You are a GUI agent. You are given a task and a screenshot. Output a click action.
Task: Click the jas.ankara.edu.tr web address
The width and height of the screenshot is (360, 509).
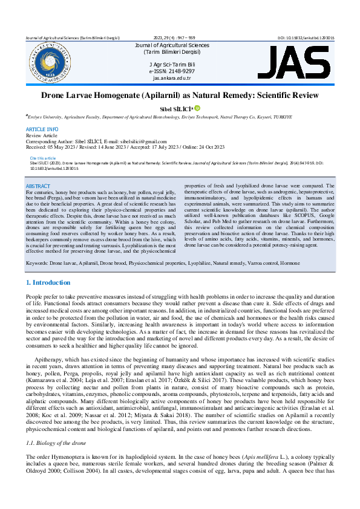pos(172,78)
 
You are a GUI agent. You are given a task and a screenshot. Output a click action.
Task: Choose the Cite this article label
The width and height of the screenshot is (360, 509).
pos(42,158)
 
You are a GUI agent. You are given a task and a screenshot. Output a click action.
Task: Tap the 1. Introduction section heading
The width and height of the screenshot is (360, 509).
pos(48,282)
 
